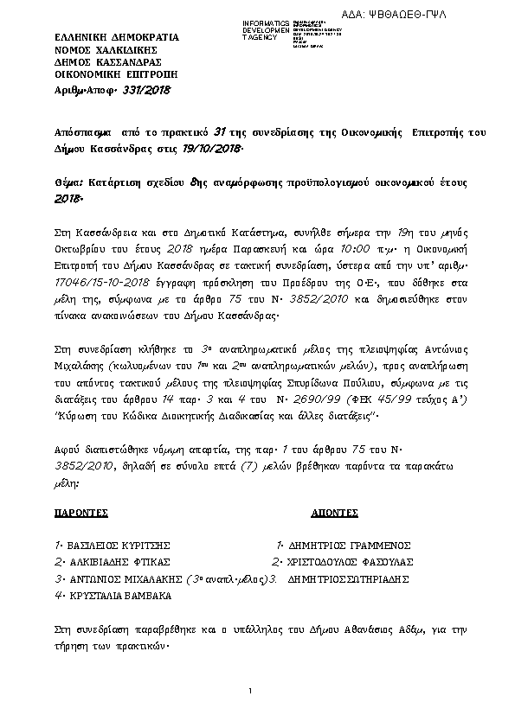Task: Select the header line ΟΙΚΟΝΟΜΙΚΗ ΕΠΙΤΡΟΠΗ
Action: pos(101,75)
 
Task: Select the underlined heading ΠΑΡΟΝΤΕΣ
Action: pos(80,513)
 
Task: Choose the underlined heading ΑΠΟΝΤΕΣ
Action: pos(333,513)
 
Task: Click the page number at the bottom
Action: pos(249,691)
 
